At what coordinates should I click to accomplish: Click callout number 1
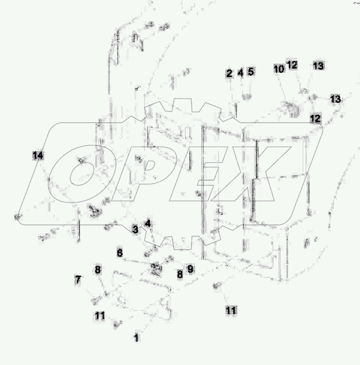(136, 338)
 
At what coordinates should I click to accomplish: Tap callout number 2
(229, 73)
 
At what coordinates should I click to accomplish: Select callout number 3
(135, 230)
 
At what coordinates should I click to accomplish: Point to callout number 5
(250, 71)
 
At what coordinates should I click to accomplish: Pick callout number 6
(119, 253)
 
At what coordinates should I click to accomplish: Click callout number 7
(78, 280)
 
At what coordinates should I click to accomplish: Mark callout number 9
(190, 269)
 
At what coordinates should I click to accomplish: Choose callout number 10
(278, 69)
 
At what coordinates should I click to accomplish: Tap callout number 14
(37, 156)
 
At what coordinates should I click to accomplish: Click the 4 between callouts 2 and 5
(241, 73)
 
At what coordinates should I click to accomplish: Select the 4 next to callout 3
(148, 224)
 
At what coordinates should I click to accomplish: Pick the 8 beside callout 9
(179, 273)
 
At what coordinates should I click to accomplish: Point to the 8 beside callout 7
(97, 271)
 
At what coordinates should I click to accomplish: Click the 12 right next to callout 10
(292, 65)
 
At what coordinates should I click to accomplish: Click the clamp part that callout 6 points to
(156, 269)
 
